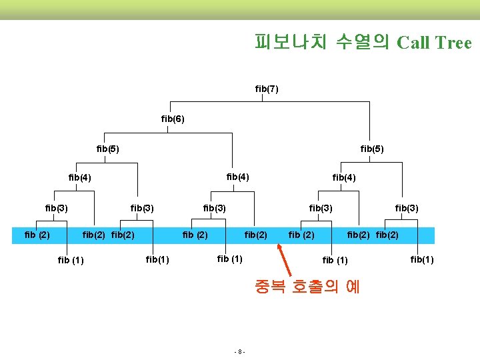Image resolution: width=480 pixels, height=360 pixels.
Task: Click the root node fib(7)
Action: pos(267,89)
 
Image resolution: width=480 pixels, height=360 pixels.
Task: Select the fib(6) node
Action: pos(173,119)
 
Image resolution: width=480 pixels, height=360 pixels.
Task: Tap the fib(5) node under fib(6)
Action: pos(108,147)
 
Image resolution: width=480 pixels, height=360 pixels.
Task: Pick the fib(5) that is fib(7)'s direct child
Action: pos(372,147)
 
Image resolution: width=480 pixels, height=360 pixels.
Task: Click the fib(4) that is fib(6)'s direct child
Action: pos(238,177)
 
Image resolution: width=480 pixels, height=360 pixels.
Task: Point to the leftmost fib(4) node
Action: pos(80,177)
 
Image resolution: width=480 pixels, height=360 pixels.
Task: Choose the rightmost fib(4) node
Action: pos(344,177)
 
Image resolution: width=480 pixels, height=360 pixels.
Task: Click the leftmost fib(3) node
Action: pos(57,208)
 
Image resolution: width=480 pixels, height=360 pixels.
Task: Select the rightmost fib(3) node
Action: pos(407,208)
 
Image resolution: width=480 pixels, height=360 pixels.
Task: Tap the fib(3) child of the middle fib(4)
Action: pos(215,208)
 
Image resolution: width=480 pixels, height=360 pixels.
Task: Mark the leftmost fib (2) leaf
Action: pos(37,234)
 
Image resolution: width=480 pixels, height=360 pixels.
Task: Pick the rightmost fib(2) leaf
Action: pos(387,235)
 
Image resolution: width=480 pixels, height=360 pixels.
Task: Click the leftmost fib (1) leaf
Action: pos(71,260)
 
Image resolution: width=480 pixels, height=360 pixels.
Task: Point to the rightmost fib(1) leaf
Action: pos(422,259)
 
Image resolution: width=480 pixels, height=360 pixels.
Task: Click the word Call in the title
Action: pos(413,43)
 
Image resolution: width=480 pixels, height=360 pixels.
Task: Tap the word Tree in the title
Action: pos(453,43)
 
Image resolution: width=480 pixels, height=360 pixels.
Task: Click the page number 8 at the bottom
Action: pos(241,351)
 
